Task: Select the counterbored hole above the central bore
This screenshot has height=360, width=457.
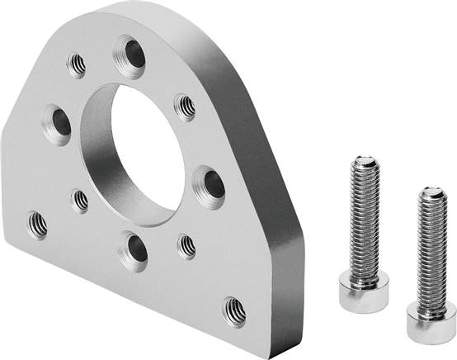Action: [130, 55]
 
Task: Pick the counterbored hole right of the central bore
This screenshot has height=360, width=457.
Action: [210, 184]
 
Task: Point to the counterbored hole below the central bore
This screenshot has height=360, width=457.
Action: [134, 249]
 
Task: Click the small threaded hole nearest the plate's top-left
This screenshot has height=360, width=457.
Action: [77, 64]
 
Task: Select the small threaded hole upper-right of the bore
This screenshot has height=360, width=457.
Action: [186, 106]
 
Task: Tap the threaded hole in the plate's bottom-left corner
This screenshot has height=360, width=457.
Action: [37, 222]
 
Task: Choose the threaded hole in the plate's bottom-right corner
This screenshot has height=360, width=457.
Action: [234, 310]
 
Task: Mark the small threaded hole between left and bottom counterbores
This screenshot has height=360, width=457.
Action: [80, 200]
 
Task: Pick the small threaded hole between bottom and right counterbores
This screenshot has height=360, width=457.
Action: [187, 245]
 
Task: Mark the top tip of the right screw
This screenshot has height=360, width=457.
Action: [431, 192]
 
